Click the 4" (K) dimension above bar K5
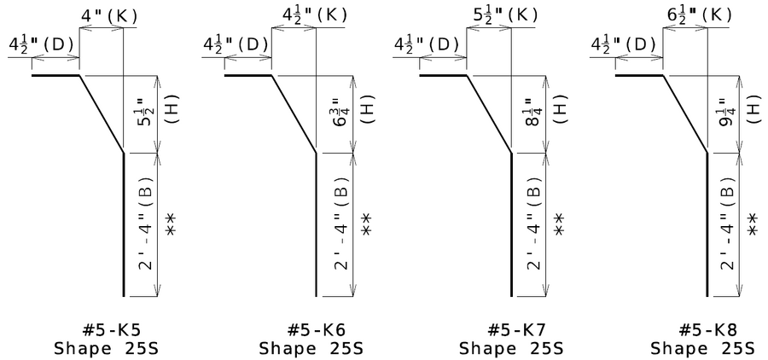[x=108, y=17]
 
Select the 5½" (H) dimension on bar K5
[x=157, y=114]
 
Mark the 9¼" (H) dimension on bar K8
[x=740, y=114]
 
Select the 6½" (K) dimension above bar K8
[x=700, y=15]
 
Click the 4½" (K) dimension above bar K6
[x=314, y=15]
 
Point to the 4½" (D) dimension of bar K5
[x=41, y=44]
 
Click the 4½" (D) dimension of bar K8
[x=623, y=44]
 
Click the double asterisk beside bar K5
[x=171, y=225]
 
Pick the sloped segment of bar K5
[x=102, y=114]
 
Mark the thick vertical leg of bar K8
[x=707, y=225]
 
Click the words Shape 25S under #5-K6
[x=311, y=349]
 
